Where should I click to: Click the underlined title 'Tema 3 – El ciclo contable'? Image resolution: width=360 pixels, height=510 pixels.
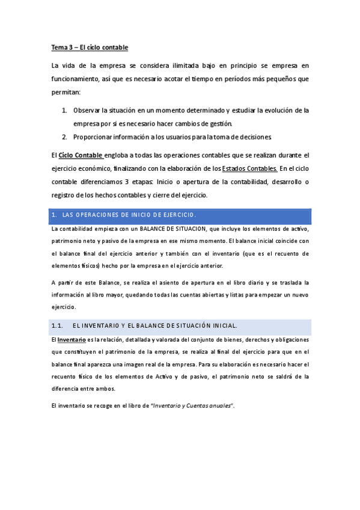tap(89, 47)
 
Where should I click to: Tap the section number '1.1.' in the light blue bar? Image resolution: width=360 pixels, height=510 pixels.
tap(58, 326)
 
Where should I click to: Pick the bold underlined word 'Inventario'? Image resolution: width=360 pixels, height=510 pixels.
tap(71, 340)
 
